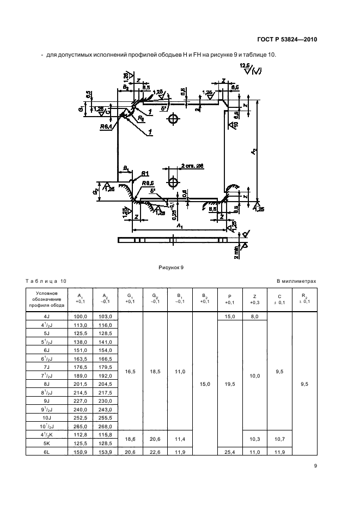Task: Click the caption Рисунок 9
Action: tap(172, 267)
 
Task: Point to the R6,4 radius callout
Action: tap(107, 127)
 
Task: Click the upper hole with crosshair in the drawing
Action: tap(173, 119)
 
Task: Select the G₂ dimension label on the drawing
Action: tap(95, 193)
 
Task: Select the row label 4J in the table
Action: tap(46, 316)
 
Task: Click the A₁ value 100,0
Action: tap(81, 316)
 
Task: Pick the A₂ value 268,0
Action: tap(106, 426)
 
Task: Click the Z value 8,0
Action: tap(254, 316)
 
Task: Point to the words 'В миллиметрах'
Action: tap(296, 281)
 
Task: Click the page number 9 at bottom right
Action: tap(315, 465)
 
